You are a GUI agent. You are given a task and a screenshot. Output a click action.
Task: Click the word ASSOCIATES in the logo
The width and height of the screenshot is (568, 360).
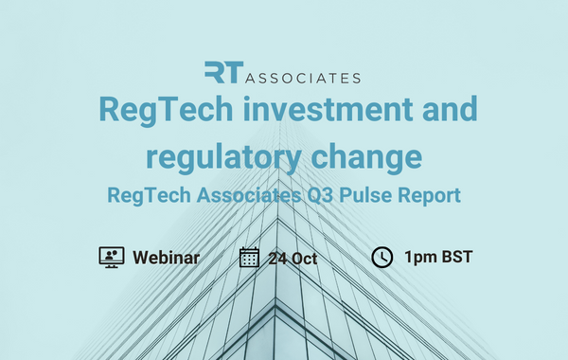(302, 76)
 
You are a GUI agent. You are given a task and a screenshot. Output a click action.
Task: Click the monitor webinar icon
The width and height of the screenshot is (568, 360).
(112, 257)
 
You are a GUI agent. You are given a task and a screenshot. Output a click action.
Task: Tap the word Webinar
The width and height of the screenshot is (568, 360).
(166, 258)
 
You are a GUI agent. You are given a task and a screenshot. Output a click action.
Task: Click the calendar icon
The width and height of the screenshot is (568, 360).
(249, 257)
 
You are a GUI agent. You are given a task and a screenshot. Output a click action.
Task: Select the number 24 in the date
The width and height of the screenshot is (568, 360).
(278, 258)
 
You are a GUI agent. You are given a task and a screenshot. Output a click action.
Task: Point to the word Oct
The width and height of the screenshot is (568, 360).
(305, 258)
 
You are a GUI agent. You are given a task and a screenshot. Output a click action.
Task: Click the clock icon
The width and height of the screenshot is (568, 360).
(382, 257)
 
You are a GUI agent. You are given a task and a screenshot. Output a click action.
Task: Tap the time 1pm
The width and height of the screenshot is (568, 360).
(420, 258)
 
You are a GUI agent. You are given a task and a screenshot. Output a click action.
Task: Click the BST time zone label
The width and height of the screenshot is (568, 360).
(457, 258)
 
